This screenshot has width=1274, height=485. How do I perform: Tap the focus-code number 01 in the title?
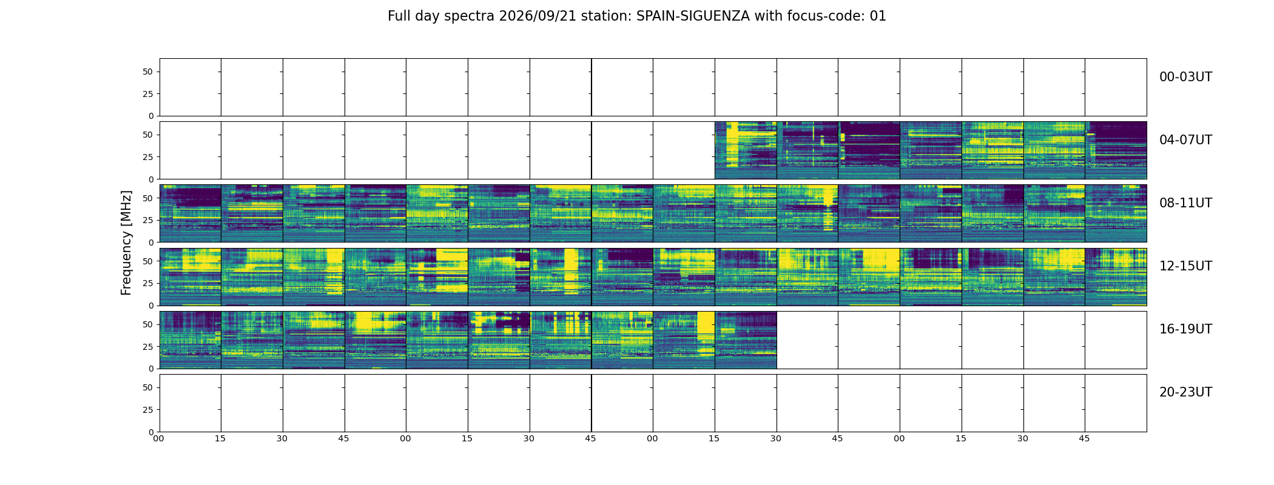click(878, 16)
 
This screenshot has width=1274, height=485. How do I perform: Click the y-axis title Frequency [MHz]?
click(126, 242)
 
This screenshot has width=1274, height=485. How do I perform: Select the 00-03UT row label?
click(1185, 77)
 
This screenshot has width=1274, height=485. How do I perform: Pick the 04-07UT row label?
click(1185, 140)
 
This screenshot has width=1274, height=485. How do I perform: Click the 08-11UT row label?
click(1185, 203)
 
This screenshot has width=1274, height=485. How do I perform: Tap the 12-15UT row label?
click(1185, 266)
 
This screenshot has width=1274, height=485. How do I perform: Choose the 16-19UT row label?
click(1185, 329)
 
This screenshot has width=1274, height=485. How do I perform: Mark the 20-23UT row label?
click(1185, 392)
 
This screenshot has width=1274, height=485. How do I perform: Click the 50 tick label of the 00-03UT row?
click(147, 72)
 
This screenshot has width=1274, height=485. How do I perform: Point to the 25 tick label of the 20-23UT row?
click(147, 410)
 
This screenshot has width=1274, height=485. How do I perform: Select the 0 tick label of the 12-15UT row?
click(150, 306)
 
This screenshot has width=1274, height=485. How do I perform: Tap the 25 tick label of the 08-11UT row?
click(147, 220)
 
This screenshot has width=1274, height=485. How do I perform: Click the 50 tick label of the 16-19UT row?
click(147, 324)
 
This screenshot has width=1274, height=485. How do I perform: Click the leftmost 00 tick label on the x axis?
click(158, 438)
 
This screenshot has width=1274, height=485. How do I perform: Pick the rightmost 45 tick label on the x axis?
click(1084, 438)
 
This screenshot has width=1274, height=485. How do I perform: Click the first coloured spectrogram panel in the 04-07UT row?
click(746, 150)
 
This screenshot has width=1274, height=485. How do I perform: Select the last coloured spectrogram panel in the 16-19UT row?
click(746, 340)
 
